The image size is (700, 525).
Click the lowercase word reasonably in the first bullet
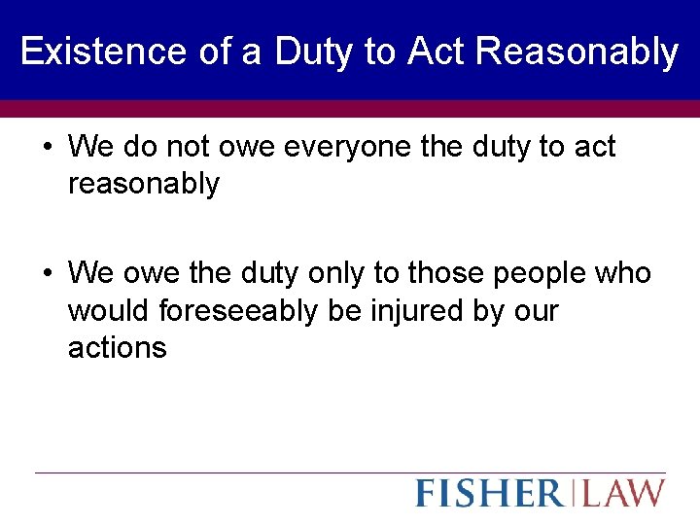click(x=144, y=184)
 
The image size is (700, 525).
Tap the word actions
click(x=117, y=347)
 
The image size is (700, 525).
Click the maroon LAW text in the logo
click(x=623, y=493)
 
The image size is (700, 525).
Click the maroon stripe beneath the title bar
click(x=350, y=108)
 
